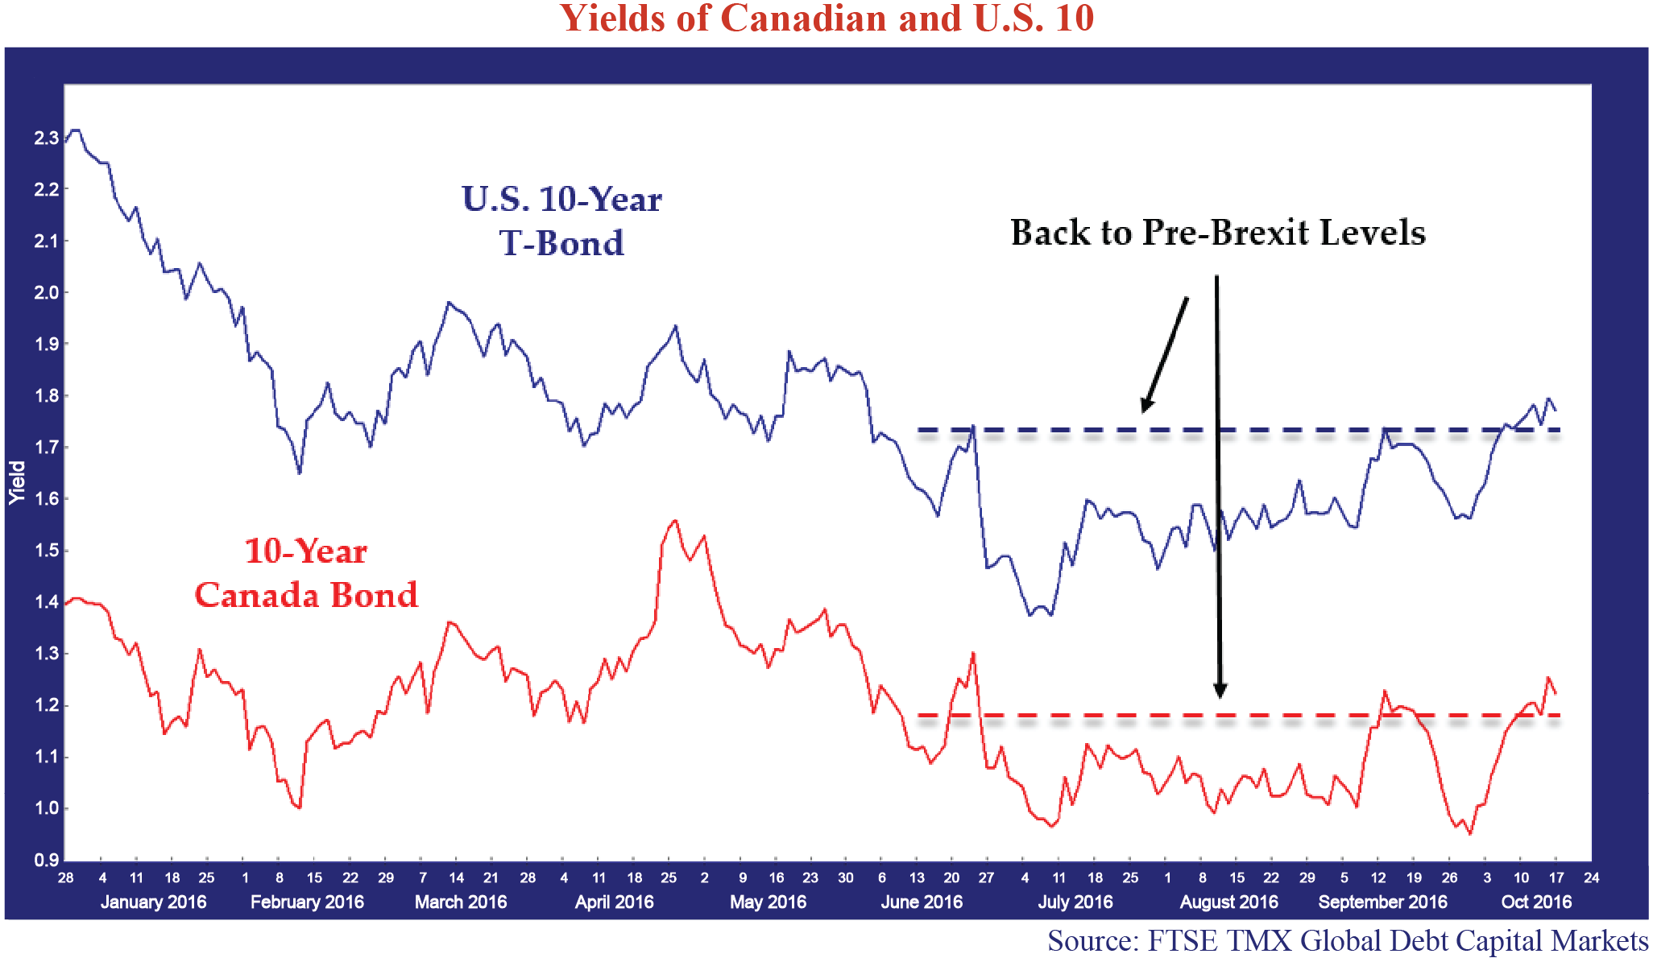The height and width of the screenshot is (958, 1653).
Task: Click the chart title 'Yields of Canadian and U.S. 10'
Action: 826,18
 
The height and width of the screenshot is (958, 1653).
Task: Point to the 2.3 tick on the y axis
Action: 46,138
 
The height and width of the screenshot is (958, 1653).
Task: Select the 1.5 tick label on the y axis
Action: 46,551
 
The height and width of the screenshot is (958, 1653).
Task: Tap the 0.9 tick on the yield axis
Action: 46,860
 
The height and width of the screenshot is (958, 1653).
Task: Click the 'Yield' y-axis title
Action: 18,483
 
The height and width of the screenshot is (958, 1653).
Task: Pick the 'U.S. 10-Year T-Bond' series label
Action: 561,221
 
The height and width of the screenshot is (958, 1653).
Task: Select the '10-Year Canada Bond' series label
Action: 306,572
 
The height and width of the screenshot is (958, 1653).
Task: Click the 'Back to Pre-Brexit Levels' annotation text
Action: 1218,232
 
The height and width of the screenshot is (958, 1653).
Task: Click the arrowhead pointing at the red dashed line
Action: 1220,690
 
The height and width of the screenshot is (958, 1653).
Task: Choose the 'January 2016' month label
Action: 153,902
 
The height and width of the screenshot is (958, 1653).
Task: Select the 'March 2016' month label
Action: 461,902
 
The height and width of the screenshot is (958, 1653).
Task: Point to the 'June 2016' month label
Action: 922,902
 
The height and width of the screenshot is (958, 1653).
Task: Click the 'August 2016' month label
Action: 1229,902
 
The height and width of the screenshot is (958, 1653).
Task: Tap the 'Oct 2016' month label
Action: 1536,902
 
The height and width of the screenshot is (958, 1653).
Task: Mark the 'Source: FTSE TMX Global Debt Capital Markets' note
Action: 1347,940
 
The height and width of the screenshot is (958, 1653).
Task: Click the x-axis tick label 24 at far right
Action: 1591,877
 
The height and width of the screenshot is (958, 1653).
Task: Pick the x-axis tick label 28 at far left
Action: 65,877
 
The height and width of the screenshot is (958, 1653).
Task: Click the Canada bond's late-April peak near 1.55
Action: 674,521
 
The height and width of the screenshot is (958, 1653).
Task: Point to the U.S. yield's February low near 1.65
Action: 300,473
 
